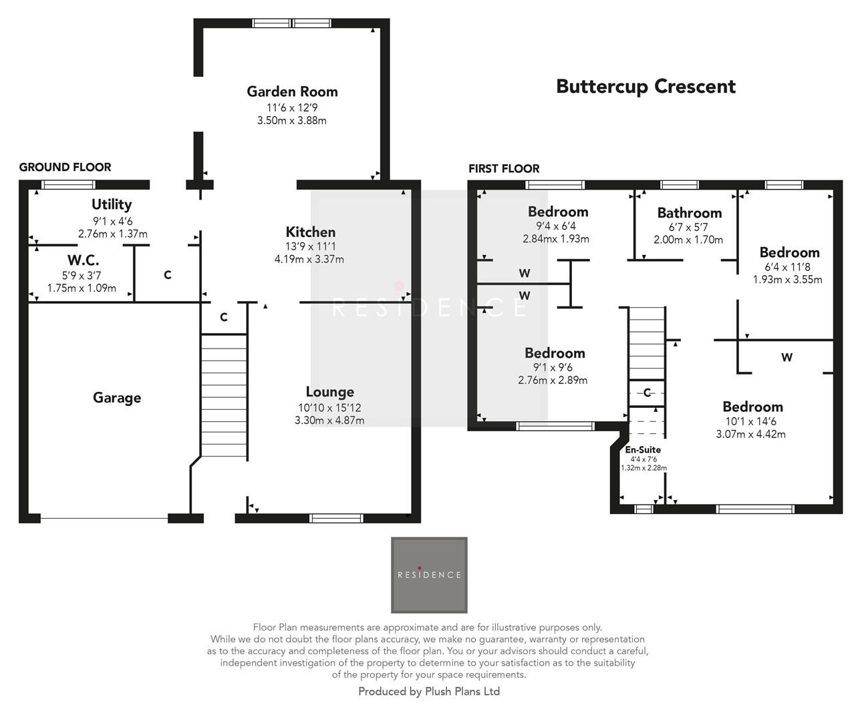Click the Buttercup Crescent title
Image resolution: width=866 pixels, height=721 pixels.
pos(645,87)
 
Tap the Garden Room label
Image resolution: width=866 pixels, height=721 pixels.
pos(292,91)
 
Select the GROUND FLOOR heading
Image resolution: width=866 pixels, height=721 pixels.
pos(65,167)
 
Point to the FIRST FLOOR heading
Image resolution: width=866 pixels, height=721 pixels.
pos(504,169)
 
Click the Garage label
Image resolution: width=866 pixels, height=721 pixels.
pos(117,398)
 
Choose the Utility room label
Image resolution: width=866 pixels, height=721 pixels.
pos(112,204)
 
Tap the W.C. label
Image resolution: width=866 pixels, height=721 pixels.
pos(83,260)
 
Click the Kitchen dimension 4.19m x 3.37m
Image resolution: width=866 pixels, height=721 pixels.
pos(309,259)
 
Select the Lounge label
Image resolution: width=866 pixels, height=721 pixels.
pos(329,392)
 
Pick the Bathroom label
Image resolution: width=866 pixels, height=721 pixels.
pos(689,213)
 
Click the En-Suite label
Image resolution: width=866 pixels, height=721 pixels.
pos(643,449)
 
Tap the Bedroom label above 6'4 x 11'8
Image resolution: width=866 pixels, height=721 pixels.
pos(789,252)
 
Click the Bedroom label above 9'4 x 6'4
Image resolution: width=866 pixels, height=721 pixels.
pos(558,212)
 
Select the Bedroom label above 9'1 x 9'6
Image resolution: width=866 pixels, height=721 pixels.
pos(555,353)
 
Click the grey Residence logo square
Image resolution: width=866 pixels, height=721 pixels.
pos(429,575)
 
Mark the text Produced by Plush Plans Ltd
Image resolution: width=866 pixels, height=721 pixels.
pos(429,692)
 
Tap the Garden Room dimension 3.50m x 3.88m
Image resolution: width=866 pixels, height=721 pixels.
pos(292,121)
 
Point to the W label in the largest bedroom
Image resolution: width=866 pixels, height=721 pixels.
pos(786,357)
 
